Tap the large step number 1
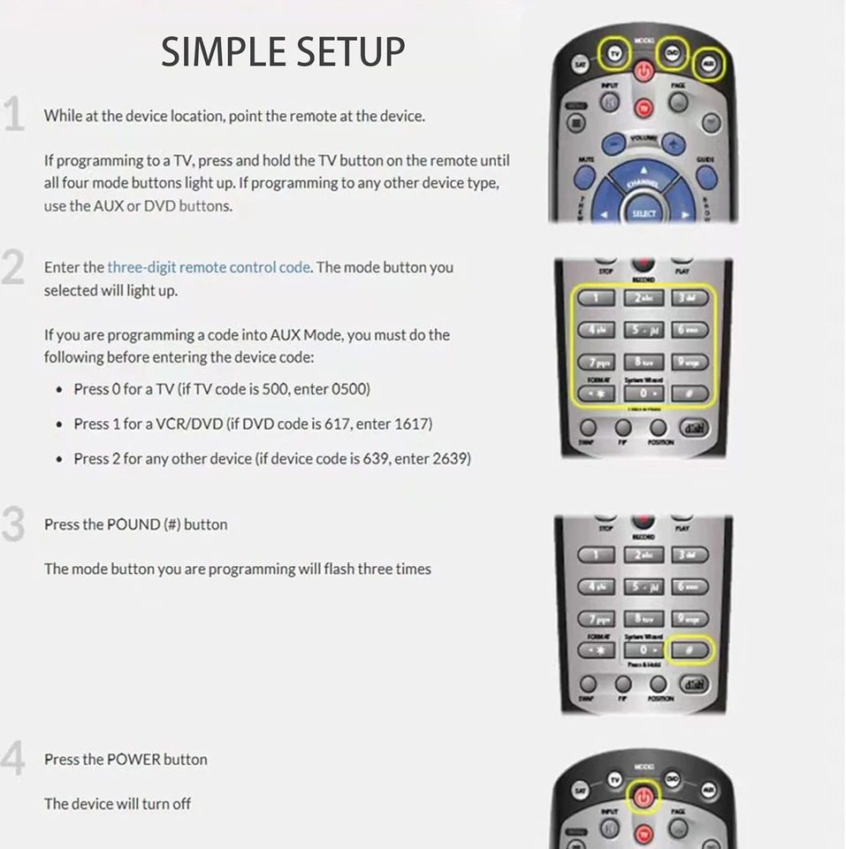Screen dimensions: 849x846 [x=13, y=116]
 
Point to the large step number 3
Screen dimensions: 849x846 [x=12, y=525]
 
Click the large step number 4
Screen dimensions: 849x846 [x=12, y=760]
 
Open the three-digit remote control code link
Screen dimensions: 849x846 [x=209, y=267]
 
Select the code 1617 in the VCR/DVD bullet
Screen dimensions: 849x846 [x=413, y=424]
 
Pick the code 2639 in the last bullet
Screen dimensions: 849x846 [x=451, y=459]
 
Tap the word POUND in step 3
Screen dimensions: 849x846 [x=133, y=524]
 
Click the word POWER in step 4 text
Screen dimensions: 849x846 [x=133, y=760]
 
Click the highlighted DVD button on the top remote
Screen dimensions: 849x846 [x=673, y=51]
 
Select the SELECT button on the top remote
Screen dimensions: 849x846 [x=644, y=213]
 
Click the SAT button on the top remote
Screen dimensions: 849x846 [x=580, y=65]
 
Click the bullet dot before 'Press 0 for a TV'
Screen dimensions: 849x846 [x=58, y=390]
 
